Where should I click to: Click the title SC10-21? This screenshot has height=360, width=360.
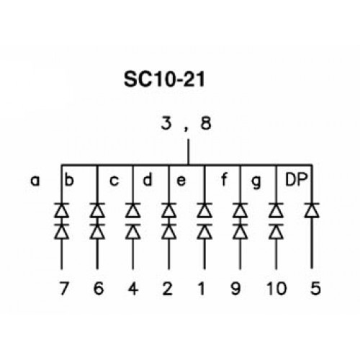pyautogui.click(x=164, y=79)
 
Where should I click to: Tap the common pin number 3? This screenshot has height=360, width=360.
pyautogui.click(x=166, y=123)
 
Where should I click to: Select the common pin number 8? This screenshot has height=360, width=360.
pyautogui.click(x=206, y=123)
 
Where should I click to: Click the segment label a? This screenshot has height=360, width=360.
pyautogui.click(x=35, y=181)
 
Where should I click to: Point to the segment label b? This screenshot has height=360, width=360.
pyautogui.click(x=69, y=179)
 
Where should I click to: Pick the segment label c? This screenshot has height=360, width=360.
pyautogui.click(x=114, y=181)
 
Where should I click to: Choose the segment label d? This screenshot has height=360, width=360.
pyautogui.click(x=148, y=179)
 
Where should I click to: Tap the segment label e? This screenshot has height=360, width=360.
pyautogui.click(x=181, y=181)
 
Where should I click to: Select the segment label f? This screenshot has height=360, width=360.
pyautogui.click(x=224, y=179)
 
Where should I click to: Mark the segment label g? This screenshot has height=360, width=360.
pyautogui.click(x=256, y=182)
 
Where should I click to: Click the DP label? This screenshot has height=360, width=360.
pyautogui.click(x=296, y=179)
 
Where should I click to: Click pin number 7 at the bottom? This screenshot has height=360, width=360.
pyautogui.click(x=64, y=288)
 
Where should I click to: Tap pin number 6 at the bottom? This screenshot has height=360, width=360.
pyautogui.click(x=99, y=288)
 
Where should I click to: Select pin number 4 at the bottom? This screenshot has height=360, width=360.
pyautogui.click(x=133, y=288)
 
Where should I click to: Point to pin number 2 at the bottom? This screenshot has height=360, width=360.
pyautogui.click(x=167, y=288)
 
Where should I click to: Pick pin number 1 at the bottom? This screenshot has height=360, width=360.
pyautogui.click(x=202, y=288)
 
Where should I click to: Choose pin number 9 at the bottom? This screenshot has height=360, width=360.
pyautogui.click(x=235, y=288)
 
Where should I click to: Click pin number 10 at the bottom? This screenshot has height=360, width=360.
pyautogui.click(x=276, y=288)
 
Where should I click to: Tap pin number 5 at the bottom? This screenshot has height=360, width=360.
pyautogui.click(x=315, y=288)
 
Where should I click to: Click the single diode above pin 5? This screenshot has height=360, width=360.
pyautogui.click(x=312, y=210)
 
